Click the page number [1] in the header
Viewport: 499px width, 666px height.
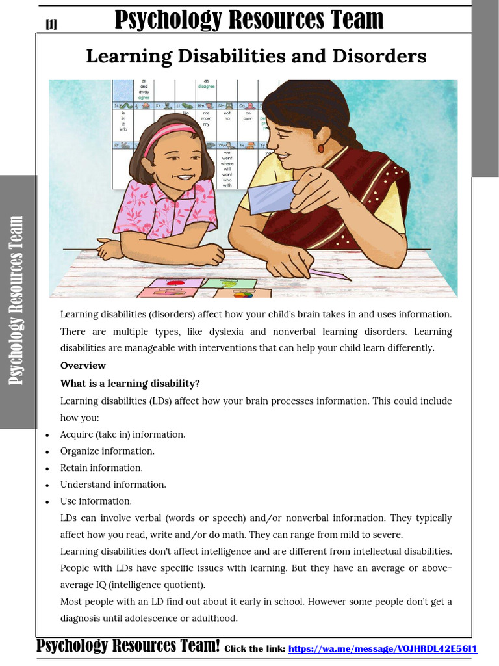pyautogui.click(x=51, y=24)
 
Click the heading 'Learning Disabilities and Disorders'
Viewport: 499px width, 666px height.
pyautogui.click(x=256, y=57)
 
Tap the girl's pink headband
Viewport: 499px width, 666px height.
pyautogui.click(x=167, y=135)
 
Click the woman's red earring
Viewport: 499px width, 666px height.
pyautogui.click(x=320, y=148)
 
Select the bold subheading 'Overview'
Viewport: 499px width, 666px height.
pyautogui.click(x=83, y=366)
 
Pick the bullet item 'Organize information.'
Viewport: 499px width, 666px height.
pyautogui.click(x=107, y=451)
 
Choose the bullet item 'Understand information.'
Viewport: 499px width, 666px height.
pyautogui.click(x=113, y=485)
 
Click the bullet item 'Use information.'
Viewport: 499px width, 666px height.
pyautogui.click(x=96, y=501)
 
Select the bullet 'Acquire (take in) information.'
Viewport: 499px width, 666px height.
pyautogui.click(x=123, y=434)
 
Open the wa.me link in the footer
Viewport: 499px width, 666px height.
pyautogui.click(x=383, y=648)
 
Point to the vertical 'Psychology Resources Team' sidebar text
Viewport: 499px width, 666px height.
pyautogui.click(x=17, y=300)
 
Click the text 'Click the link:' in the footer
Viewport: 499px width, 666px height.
pyautogui.click(x=254, y=648)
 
